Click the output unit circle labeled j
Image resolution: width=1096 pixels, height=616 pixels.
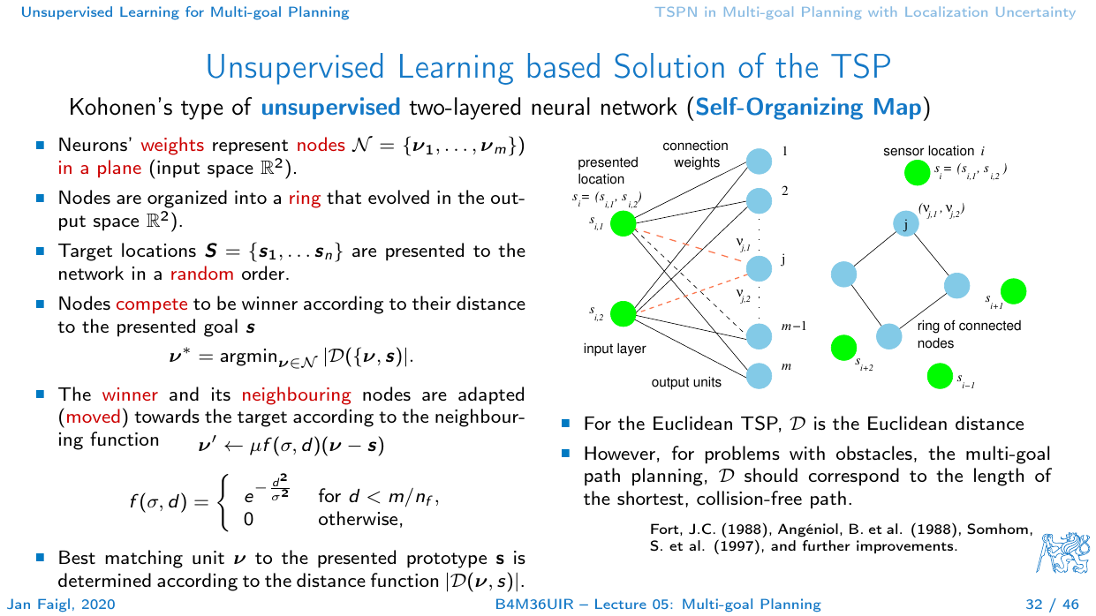point(758,267)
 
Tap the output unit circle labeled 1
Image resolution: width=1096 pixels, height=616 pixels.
point(758,162)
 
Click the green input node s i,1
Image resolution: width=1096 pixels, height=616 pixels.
point(624,224)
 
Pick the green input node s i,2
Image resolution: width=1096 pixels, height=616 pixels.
point(624,313)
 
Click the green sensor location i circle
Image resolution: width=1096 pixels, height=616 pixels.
point(917,173)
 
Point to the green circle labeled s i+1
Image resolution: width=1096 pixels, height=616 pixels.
point(1013,290)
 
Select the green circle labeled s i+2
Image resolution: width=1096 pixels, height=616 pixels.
point(844,348)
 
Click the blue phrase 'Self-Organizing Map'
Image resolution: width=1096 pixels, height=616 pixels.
point(809,108)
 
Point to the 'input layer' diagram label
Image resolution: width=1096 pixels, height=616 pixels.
point(615,349)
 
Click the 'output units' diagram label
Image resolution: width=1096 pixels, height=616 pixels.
point(686,382)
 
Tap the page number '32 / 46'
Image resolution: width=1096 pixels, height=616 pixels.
point(1052,605)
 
